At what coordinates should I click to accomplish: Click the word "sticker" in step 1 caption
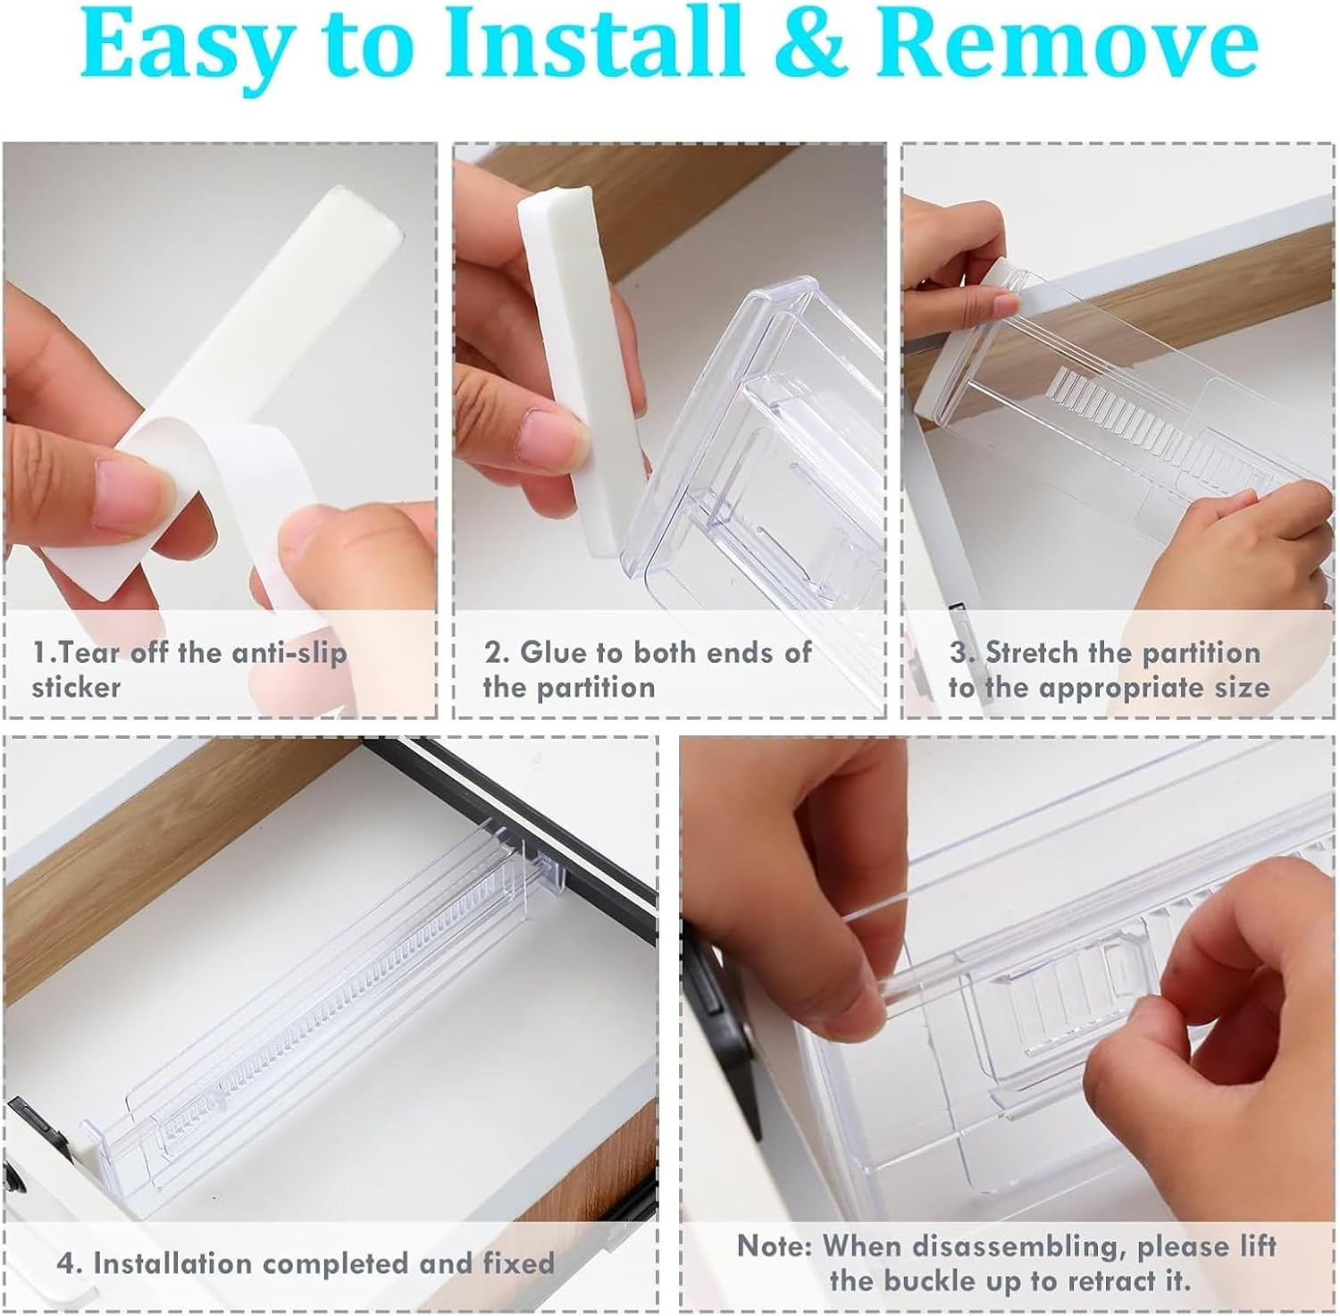click(x=76, y=687)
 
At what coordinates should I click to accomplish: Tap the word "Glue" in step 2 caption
click(x=556, y=652)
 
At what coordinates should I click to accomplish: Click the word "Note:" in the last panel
click(x=772, y=1245)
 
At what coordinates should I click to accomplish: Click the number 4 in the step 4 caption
click(x=65, y=1263)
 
